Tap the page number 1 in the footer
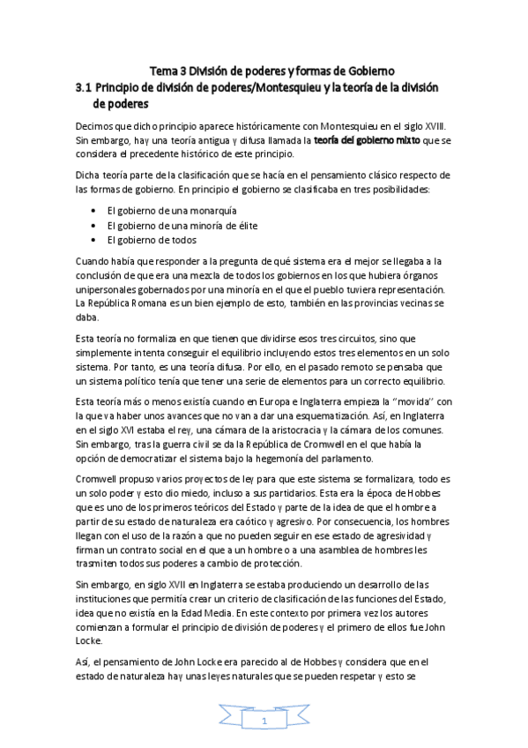tap(264, 722)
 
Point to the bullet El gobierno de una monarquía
tap(163, 212)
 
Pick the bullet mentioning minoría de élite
tap(167, 226)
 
